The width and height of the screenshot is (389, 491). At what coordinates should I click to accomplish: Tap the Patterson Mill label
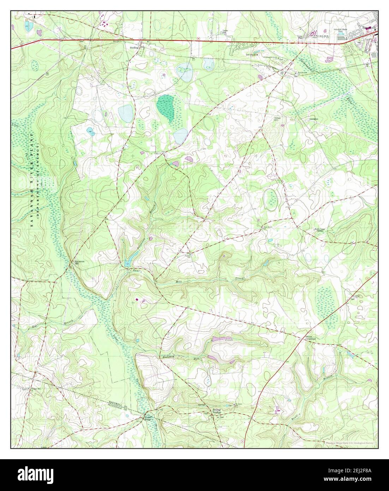tap(79, 262)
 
